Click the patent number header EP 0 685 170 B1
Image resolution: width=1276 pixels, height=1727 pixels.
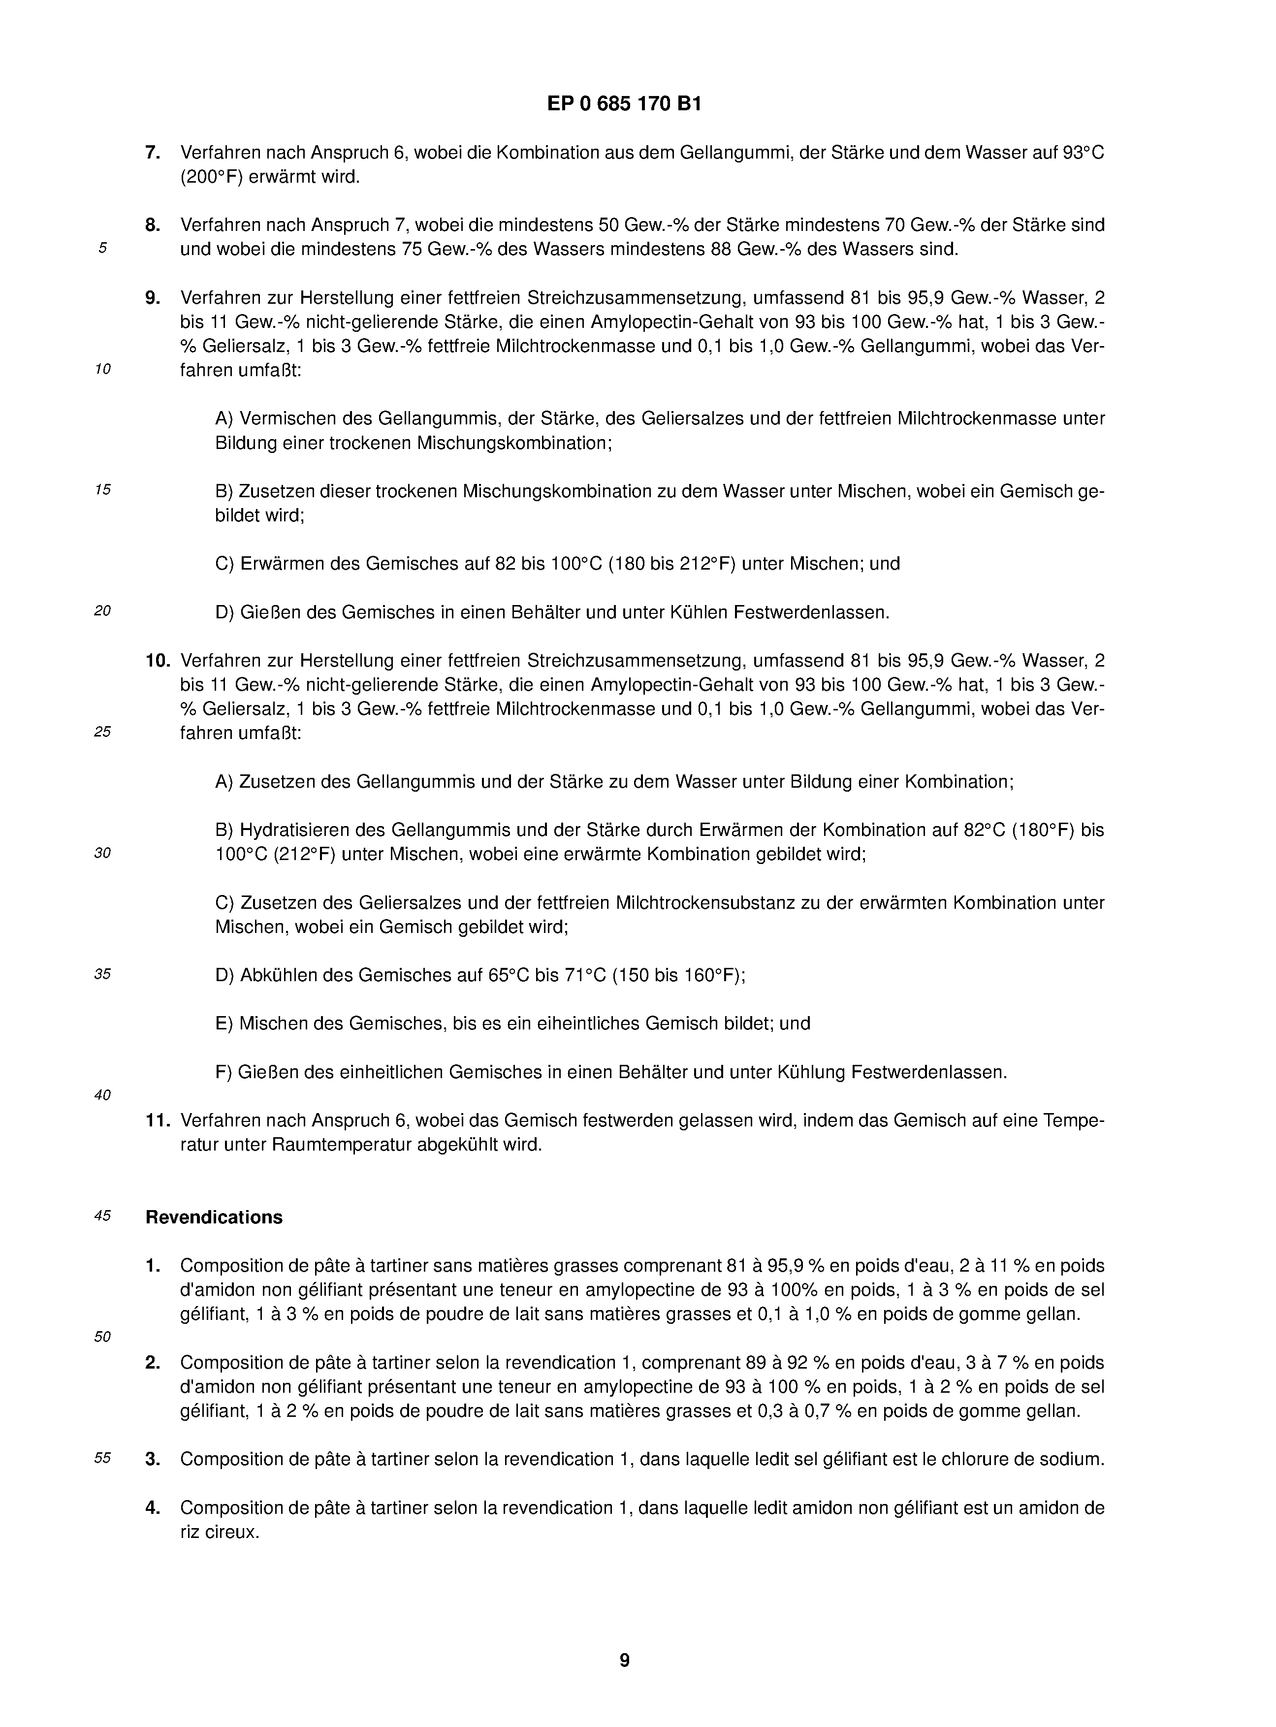tap(624, 103)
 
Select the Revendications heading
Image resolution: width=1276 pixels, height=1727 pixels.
tap(214, 1217)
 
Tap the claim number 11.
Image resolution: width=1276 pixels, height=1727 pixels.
tap(158, 1120)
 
